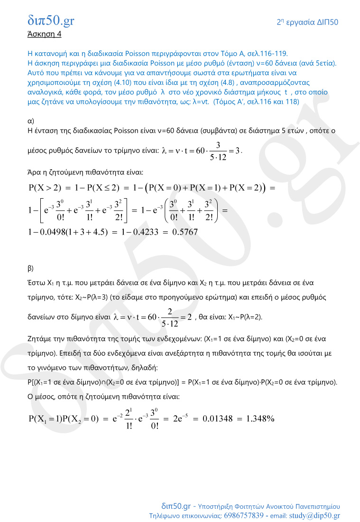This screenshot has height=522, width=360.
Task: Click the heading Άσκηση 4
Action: point(44,34)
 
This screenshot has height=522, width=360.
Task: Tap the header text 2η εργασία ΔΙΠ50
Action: point(307,22)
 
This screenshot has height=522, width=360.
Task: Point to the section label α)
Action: point(31,121)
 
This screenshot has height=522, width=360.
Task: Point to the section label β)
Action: point(31,268)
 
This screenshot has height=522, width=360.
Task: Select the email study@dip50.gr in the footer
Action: point(314,515)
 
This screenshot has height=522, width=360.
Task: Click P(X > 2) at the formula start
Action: point(45,187)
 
